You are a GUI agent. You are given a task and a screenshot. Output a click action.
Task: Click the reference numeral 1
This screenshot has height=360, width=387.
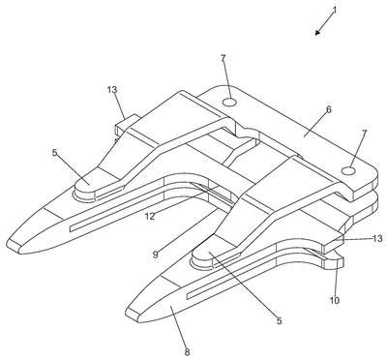tap(335, 10)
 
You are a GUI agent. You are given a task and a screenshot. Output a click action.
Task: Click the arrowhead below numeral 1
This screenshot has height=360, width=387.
tap(318, 32)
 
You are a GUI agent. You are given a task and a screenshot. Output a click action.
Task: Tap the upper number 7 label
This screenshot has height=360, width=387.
tap(223, 58)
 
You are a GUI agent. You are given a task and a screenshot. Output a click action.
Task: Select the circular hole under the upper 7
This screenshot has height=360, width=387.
tap(230, 103)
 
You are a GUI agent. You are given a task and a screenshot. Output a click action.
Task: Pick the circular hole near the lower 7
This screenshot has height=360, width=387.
tap(348, 170)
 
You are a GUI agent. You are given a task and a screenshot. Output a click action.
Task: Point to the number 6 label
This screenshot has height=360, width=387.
tap(328, 109)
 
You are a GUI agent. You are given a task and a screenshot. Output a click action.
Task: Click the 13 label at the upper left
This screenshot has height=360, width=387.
tap(112, 90)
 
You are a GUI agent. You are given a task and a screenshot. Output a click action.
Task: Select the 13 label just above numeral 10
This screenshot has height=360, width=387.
tap(377, 238)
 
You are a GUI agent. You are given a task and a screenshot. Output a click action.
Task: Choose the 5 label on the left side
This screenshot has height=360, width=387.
tap(54, 152)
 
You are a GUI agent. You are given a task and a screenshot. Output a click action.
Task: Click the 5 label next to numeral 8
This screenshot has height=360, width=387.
tap(280, 320)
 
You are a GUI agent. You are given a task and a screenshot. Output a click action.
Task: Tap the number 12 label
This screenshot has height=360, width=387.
tap(150, 216)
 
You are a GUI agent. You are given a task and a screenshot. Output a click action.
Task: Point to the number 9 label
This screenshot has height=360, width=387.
tap(156, 255)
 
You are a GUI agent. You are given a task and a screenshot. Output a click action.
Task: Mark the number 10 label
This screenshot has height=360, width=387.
tap(335, 300)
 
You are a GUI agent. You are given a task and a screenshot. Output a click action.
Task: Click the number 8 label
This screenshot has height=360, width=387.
tap(187, 351)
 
